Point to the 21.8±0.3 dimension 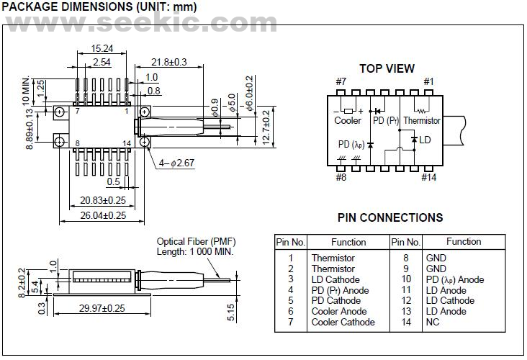[x=169, y=63]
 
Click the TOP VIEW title [x=387, y=68]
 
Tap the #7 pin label [x=341, y=81]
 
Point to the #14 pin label [x=428, y=177]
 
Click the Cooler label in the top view [x=348, y=121]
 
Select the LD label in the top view [x=425, y=139]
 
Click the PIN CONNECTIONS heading [x=389, y=217]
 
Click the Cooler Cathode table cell [x=343, y=322]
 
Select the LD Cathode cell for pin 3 [x=335, y=279]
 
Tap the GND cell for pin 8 [x=436, y=258]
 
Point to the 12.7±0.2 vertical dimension [x=267, y=126]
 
